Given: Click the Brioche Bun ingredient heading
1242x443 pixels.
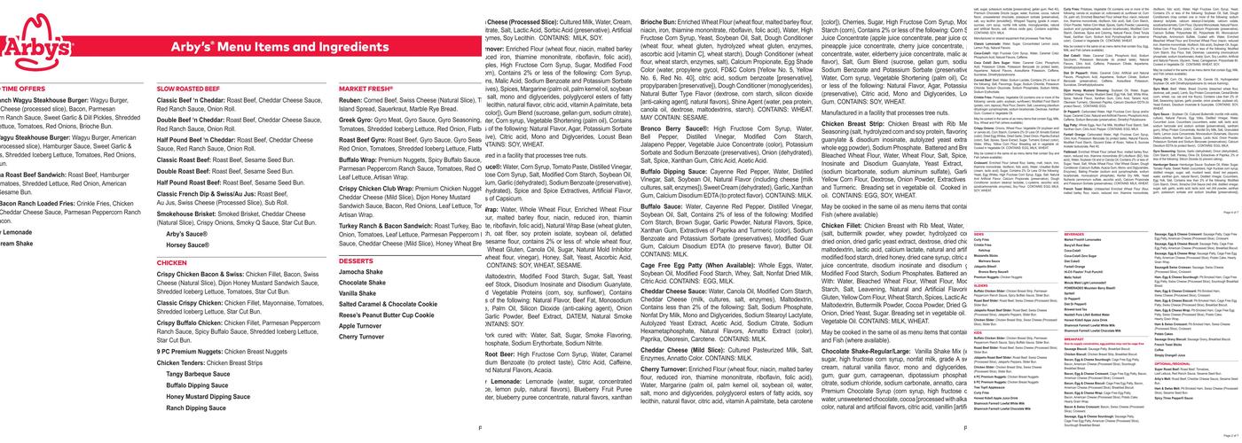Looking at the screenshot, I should pos(514,20).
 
